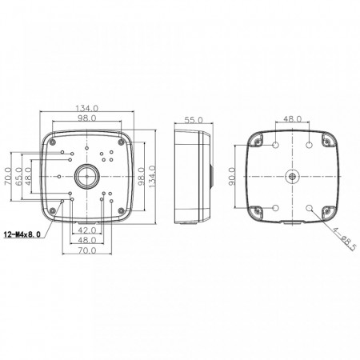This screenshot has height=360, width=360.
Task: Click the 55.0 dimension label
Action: [x=194, y=120]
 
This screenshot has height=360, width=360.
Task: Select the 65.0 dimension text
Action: [x=18, y=176]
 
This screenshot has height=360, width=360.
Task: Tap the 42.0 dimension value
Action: [x=87, y=230]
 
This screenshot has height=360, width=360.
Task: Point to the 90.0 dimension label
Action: [x=232, y=176]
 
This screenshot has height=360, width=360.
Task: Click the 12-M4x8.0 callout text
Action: [x=22, y=234]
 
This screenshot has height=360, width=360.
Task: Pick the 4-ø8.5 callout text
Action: [x=344, y=239]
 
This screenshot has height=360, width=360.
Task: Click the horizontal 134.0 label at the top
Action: [x=87, y=108]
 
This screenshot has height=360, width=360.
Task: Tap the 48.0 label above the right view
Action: [x=292, y=118]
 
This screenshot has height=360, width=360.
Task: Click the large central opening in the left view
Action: [x=87, y=176]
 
